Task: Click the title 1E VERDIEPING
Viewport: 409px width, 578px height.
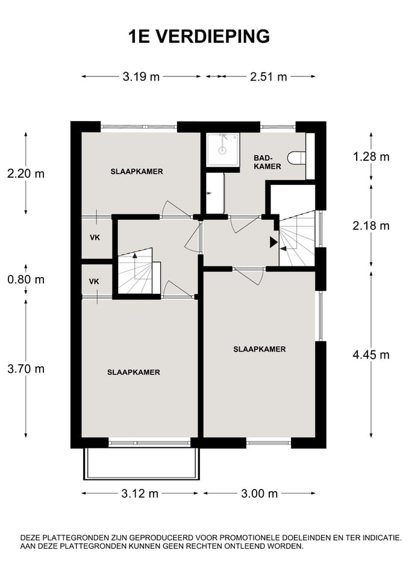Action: click(199, 37)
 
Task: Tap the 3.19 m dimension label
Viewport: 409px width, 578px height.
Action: click(141, 76)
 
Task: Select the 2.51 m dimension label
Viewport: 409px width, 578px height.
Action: click(268, 76)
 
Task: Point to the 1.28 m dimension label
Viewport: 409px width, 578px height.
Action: click(371, 157)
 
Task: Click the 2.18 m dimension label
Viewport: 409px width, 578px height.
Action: click(371, 226)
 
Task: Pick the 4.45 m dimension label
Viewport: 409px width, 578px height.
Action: click(371, 355)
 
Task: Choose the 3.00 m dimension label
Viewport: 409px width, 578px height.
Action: click(259, 493)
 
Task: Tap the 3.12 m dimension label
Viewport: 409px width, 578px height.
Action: click(140, 493)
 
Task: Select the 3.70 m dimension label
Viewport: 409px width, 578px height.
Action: click(26, 368)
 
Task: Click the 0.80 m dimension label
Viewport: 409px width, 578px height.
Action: click(26, 279)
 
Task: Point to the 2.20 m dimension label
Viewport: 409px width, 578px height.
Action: click(26, 173)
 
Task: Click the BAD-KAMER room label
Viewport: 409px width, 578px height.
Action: click(267, 162)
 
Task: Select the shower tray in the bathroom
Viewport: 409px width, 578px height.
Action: click(222, 150)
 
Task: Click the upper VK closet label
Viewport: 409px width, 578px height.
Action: click(95, 238)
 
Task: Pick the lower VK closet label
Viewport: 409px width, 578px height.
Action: click(94, 282)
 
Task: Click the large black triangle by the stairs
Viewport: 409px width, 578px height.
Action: click(273, 242)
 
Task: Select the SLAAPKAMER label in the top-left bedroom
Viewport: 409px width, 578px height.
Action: click(137, 172)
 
